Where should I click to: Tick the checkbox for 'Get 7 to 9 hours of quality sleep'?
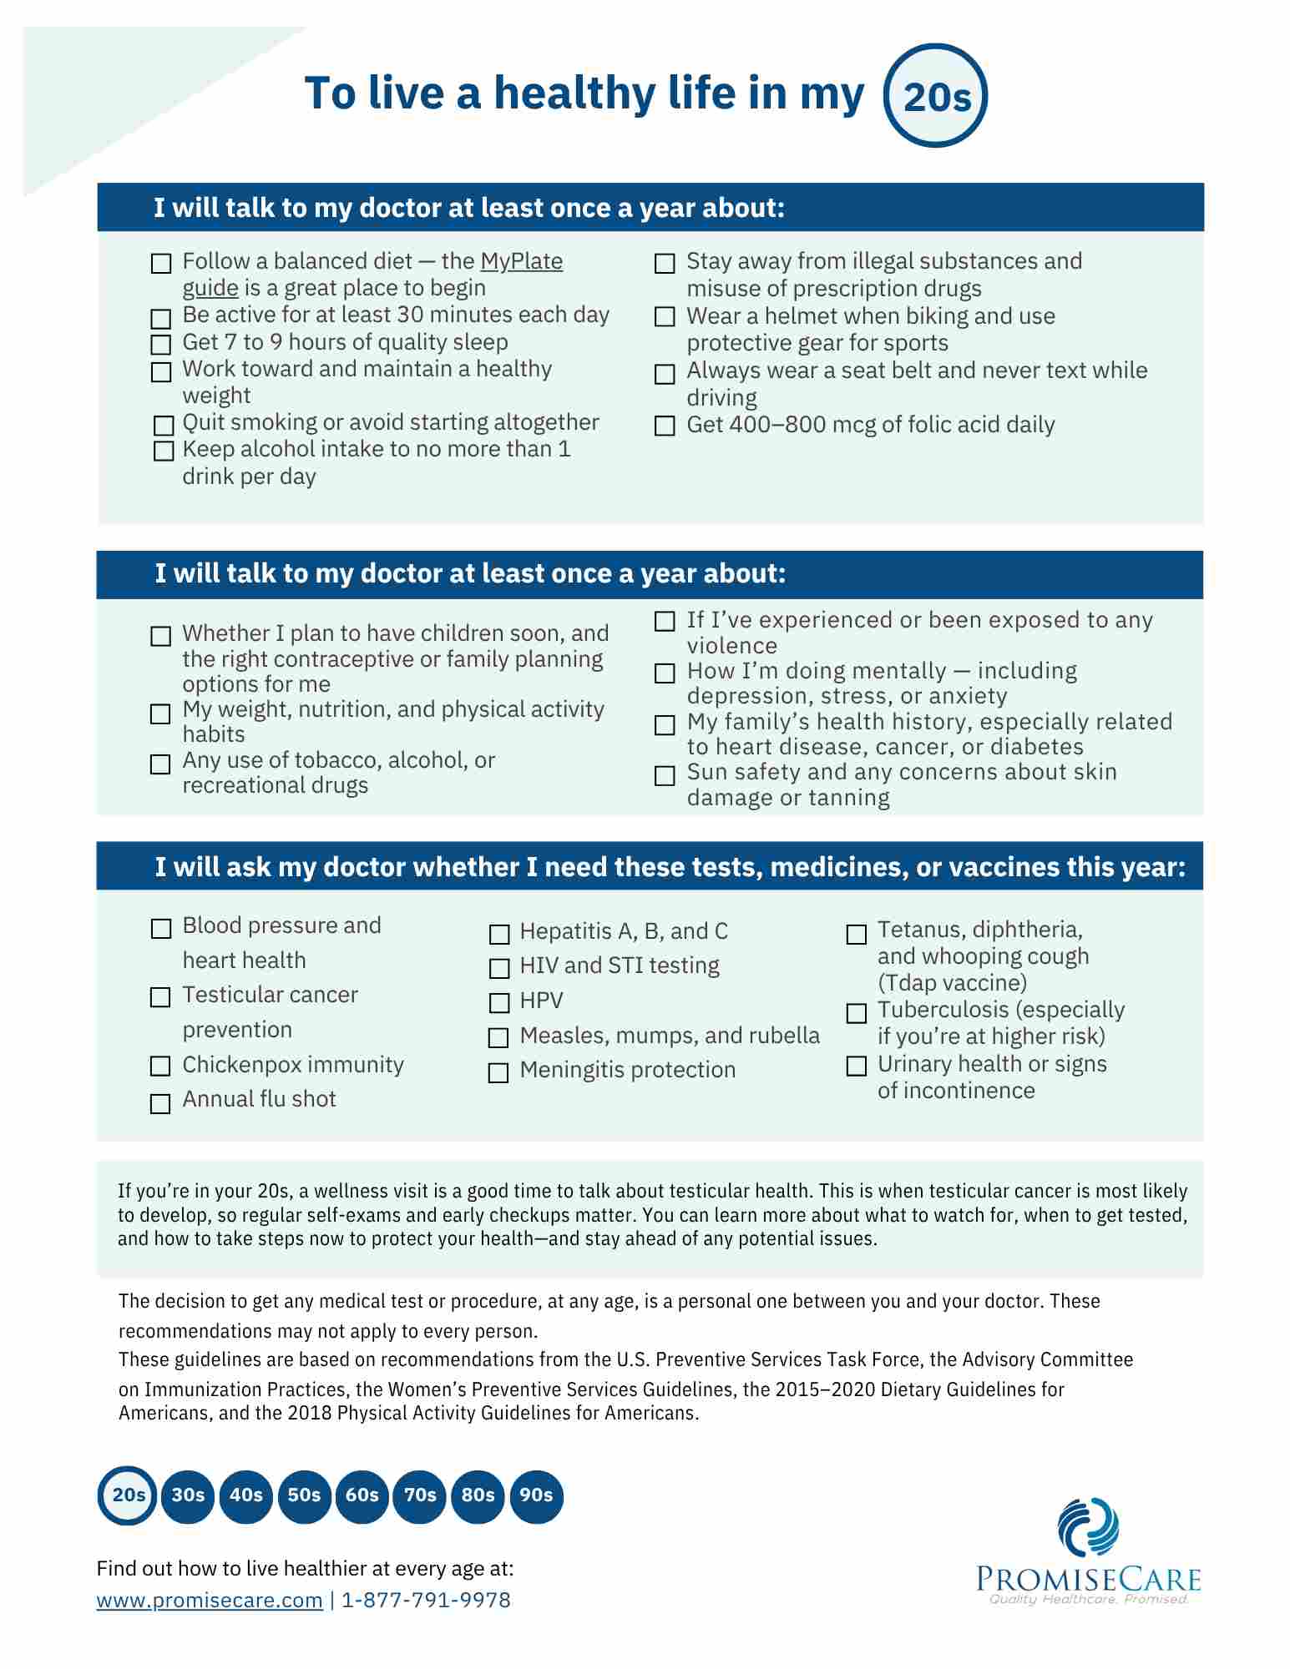(x=161, y=345)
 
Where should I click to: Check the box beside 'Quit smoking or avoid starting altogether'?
(x=164, y=425)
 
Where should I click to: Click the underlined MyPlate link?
(x=521, y=261)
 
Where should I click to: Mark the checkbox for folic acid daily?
(x=665, y=426)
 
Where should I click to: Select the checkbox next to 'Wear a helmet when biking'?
(x=665, y=317)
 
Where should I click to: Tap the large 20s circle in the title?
(x=935, y=96)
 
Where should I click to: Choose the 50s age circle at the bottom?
(x=304, y=1495)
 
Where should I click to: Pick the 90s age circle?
(x=536, y=1495)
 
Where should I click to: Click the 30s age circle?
(x=188, y=1495)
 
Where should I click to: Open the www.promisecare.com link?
(x=210, y=1600)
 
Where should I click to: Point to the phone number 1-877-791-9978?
(x=426, y=1600)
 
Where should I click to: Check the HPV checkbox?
(x=499, y=1002)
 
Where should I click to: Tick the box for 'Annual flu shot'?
(x=160, y=1103)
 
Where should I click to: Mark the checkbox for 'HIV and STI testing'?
(x=499, y=968)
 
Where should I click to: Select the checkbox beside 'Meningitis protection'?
(x=498, y=1072)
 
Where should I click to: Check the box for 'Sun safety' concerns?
(x=665, y=775)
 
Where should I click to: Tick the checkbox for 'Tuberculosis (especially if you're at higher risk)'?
(x=857, y=1013)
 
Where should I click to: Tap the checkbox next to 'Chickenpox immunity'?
(x=160, y=1066)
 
